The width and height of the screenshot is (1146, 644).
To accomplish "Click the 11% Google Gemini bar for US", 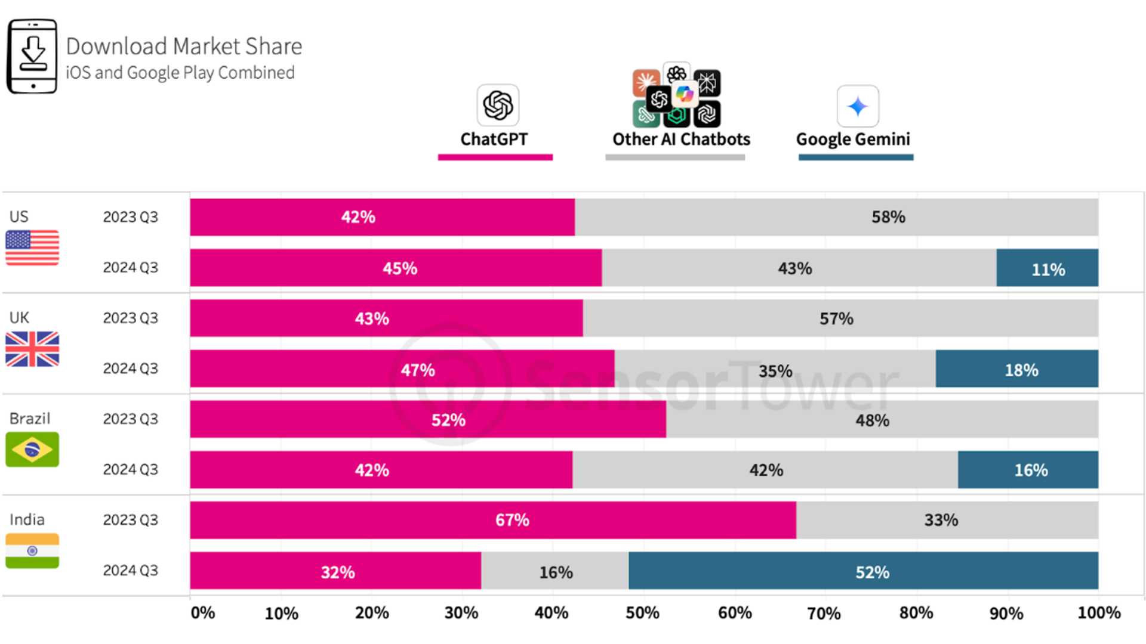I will click(x=1047, y=268).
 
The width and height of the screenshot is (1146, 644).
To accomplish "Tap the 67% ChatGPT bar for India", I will click(x=493, y=520).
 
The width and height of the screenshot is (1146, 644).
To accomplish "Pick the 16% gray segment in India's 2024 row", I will click(x=555, y=571).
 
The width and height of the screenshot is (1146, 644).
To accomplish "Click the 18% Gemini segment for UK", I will click(x=1017, y=369).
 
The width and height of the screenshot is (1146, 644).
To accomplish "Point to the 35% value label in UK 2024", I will click(x=775, y=371).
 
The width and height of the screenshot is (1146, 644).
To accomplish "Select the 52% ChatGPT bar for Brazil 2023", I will click(x=428, y=419).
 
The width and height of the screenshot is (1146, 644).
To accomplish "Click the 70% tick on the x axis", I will click(x=824, y=613).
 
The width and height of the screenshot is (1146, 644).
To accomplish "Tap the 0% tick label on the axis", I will click(x=203, y=613).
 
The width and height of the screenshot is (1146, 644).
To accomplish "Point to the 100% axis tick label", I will click(x=1099, y=613).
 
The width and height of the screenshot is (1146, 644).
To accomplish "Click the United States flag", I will click(x=32, y=247).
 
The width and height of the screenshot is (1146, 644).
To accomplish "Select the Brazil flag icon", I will click(x=32, y=449).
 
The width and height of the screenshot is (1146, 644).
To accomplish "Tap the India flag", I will click(x=32, y=550).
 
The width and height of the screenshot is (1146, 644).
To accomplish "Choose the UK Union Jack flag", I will click(x=32, y=349).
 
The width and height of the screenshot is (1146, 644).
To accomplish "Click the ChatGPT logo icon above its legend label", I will click(x=498, y=106).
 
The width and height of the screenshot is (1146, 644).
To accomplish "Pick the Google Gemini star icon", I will click(x=858, y=106).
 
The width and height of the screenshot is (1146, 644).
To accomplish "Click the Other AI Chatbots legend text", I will click(x=681, y=140).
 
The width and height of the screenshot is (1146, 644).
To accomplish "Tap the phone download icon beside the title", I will click(x=32, y=56).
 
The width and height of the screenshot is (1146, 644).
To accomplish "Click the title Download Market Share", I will click(x=184, y=47).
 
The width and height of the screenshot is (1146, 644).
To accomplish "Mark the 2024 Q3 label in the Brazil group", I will click(x=131, y=470).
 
